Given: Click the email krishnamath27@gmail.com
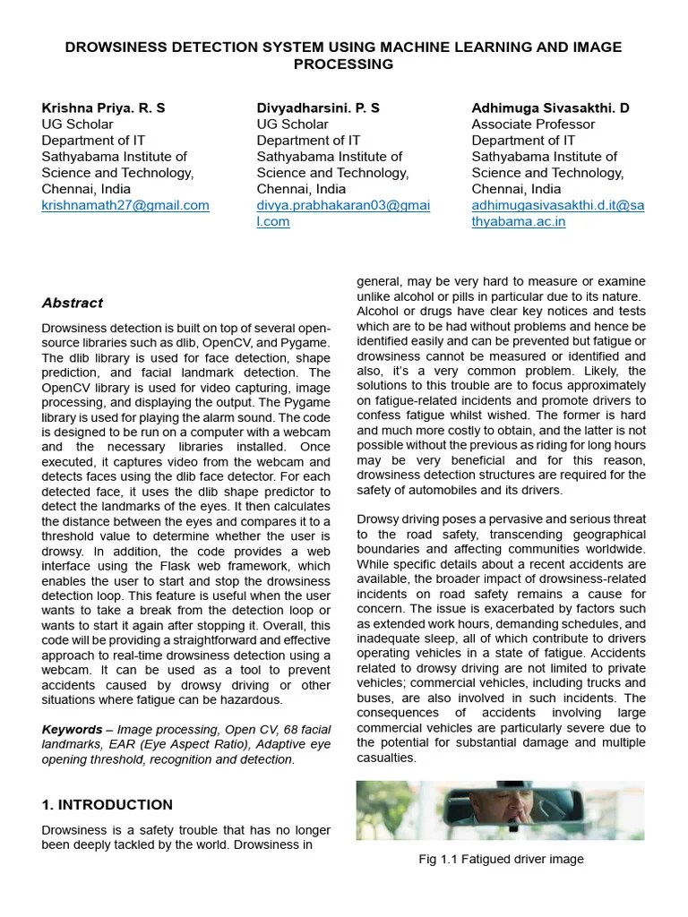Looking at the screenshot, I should (x=125, y=205).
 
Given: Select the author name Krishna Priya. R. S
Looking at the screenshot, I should (x=103, y=107).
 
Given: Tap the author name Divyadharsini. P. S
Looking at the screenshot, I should (x=318, y=107).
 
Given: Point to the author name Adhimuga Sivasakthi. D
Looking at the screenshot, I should (x=550, y=107).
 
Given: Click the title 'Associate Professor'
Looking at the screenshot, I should (x=533, y=124).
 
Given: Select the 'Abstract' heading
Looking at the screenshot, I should (x=73, y=303).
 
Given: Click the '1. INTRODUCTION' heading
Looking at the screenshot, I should (x=107, y=804).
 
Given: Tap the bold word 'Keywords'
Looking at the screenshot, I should (x=72, y=729).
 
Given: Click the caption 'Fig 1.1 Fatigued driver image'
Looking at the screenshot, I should (x=501, y=859).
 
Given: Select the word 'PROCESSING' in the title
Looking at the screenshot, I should (x=344, y=64).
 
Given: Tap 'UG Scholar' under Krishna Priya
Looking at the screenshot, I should (x=78, y=124).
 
